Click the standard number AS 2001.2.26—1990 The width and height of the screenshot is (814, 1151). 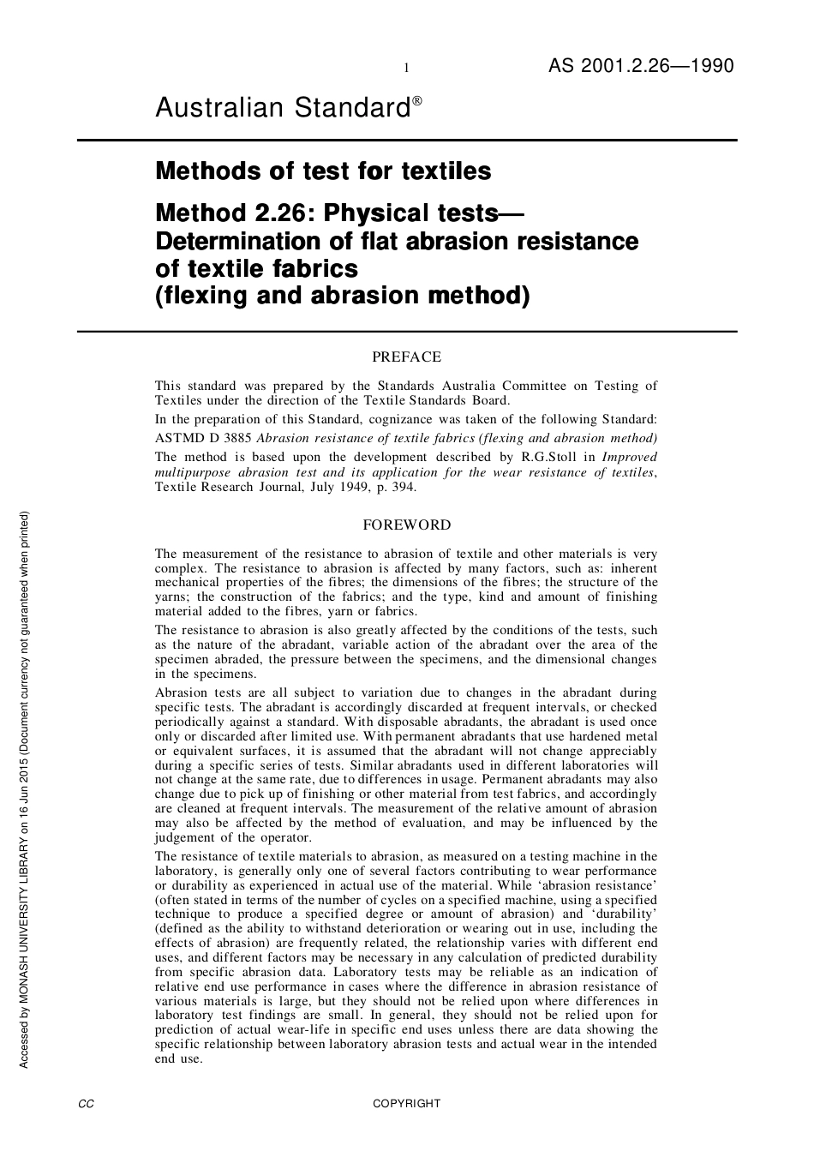(x=641, y=66)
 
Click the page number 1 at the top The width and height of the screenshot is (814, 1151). (x=406, y=69)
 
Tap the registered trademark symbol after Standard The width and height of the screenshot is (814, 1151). (x=417, y=100)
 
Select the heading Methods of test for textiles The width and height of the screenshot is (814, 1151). (x=323, y=171)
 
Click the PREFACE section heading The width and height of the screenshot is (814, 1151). (x=407, y=357)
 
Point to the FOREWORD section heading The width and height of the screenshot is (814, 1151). (x=407, y=525)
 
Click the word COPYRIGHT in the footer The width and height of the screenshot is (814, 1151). (x=407, y=1104)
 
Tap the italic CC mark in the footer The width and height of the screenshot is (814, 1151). (x=86, y=1104)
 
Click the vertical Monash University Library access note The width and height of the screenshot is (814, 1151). (x=24, y=788)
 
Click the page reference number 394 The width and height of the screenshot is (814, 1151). (x=401, y=487)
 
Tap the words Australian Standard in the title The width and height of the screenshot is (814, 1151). (x=283, y=109)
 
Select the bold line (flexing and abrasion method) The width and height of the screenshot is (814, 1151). (x=343, y=296)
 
